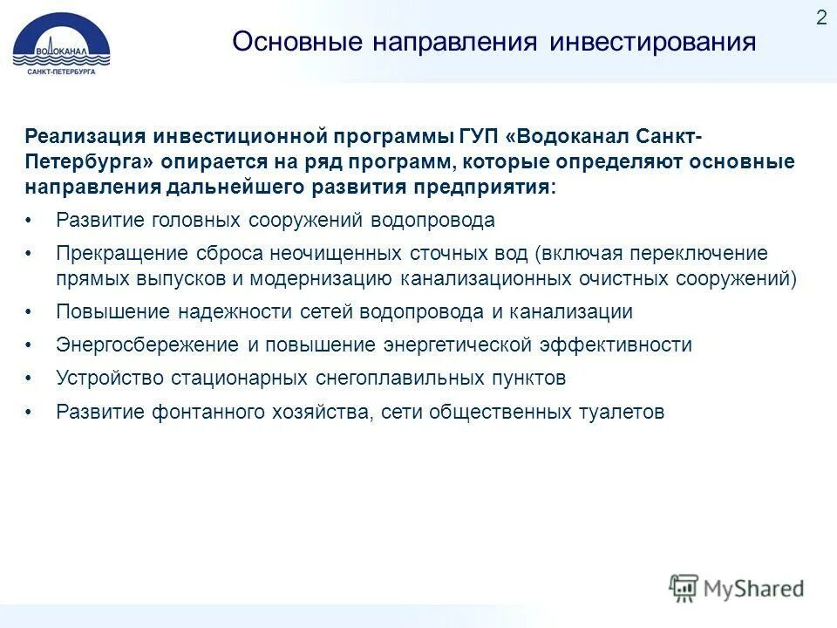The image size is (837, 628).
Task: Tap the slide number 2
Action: coord(821,18)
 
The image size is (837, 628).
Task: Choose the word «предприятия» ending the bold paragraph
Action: coord(491,188)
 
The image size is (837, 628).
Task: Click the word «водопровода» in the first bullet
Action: coord(432,221)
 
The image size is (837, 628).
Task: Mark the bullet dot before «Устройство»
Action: coord(29,379)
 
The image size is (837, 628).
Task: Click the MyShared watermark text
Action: coord(752,589)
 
